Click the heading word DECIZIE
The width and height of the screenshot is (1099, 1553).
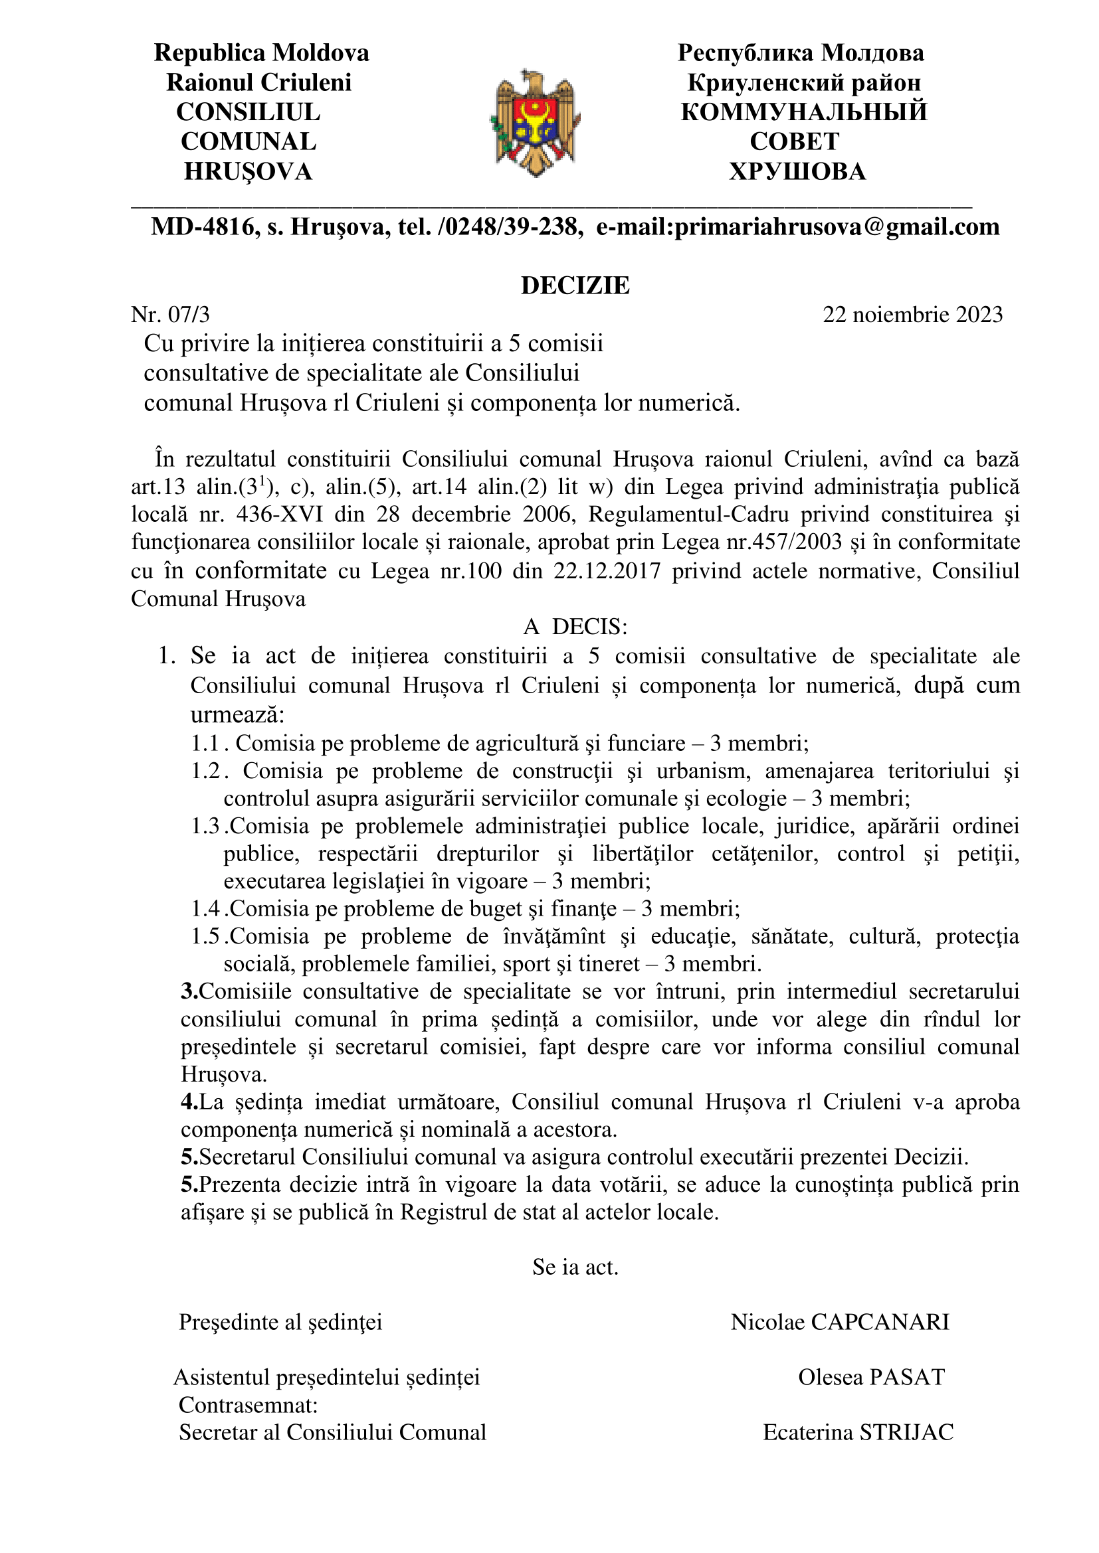coord(575,286)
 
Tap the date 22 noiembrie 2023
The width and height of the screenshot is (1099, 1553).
coord(912,315)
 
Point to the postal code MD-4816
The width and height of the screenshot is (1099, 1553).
coord(201,226)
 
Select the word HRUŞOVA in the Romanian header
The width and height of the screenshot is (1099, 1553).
coord(248,172)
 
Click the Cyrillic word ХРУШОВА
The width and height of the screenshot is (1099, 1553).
coord(797,172)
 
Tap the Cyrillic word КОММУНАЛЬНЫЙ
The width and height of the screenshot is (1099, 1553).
coord(803,112)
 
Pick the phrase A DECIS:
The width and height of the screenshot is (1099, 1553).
coord(575,627)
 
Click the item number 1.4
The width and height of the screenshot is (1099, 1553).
coord(205,908)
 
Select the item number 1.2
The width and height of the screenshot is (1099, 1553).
coord(205,771)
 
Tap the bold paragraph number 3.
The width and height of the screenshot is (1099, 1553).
coord(189,991)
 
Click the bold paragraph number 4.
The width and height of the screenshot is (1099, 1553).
coord(189,1102)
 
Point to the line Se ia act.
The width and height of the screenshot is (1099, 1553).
coord(575,1267)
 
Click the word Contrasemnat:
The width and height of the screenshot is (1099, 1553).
coord(248,1405)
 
